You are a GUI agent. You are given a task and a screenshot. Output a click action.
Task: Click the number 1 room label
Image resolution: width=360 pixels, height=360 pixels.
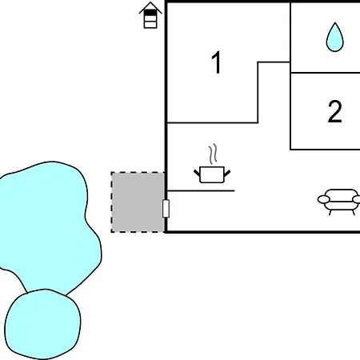[217, 62]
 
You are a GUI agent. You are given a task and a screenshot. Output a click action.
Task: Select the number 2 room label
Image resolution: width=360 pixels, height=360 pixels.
[334, 111]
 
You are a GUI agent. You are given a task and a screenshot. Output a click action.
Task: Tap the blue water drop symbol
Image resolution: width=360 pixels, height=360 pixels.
[335, 38]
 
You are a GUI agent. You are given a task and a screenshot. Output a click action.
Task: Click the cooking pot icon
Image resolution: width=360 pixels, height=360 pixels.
[212, 174]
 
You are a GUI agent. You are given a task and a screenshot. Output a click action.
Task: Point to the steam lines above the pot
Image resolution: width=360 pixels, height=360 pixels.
[213, 154]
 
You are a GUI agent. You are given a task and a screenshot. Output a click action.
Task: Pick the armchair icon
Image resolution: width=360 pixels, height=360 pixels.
[339, 202]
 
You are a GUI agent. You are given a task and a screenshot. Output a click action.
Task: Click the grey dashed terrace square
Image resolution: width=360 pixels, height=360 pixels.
[138, 202]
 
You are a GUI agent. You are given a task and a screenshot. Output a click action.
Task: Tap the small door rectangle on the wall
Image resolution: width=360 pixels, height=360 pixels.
[166, 209]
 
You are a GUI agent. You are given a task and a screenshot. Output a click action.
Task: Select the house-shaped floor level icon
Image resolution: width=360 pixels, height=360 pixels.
[150, 15]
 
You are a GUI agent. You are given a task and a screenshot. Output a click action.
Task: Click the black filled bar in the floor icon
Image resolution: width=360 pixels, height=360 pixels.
[150, 13]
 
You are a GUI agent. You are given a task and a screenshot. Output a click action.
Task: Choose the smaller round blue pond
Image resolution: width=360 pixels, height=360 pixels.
[43, 324]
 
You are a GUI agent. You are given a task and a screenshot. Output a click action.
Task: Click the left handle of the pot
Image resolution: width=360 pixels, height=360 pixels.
[197, 173]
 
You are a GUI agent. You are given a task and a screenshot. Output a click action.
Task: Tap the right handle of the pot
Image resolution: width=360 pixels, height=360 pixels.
[227, 173]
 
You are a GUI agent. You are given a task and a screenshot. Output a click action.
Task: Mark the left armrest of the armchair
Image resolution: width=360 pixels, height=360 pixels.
[323, 199]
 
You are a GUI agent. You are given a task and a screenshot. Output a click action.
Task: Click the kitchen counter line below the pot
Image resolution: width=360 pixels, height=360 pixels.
[201, 190]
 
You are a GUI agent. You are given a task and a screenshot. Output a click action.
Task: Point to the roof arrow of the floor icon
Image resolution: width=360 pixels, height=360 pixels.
[150, 7]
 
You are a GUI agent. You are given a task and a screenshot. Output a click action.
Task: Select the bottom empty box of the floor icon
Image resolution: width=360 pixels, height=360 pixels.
[150, 25]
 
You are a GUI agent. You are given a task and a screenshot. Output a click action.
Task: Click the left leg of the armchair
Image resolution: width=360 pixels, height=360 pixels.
[330, 212]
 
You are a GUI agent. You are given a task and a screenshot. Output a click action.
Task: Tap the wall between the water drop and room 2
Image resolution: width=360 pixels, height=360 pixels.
[325, 73]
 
